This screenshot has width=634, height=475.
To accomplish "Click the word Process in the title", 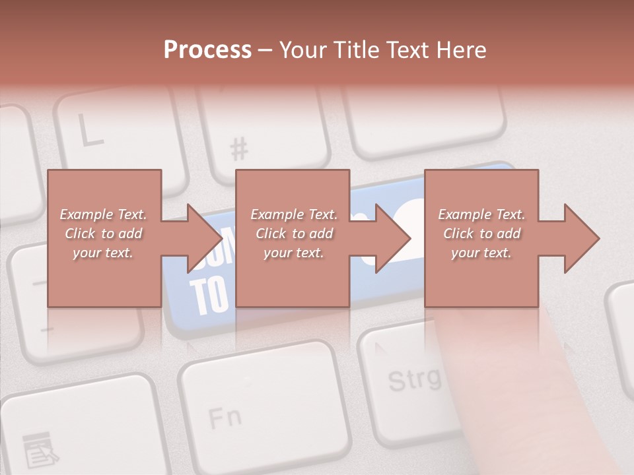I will (207, 50).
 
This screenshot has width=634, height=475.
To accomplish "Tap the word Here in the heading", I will (462, 50).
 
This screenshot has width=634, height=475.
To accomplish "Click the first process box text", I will (103, 234).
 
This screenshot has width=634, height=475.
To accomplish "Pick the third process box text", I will (481, 234).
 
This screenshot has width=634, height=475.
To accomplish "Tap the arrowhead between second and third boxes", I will (394, 238).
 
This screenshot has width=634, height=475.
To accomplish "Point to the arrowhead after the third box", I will (582, 238).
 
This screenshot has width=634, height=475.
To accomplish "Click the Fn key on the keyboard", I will (225, 416).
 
